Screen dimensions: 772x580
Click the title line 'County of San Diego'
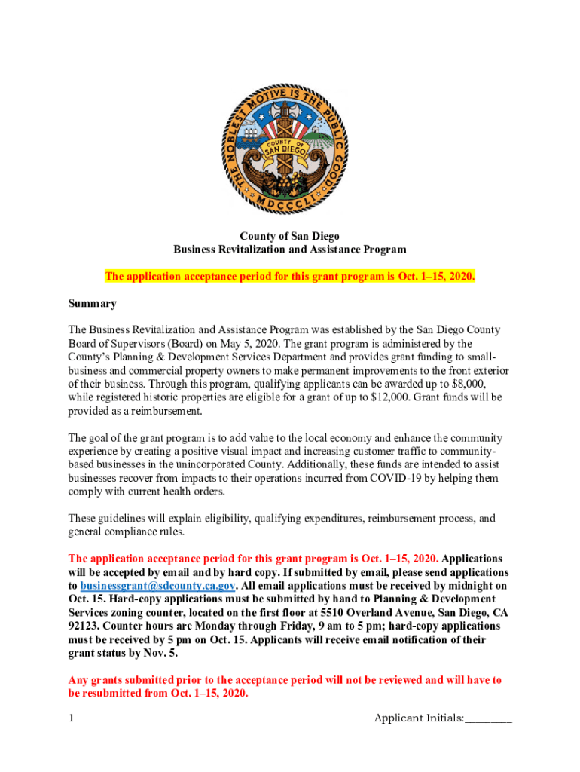289,236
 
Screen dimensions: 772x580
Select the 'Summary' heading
92,304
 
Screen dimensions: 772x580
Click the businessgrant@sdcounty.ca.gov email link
158,586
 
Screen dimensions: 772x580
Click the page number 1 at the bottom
72,718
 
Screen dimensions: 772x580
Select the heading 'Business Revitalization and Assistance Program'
289,250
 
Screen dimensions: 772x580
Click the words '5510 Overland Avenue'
351,613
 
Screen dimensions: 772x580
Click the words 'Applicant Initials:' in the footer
419,718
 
